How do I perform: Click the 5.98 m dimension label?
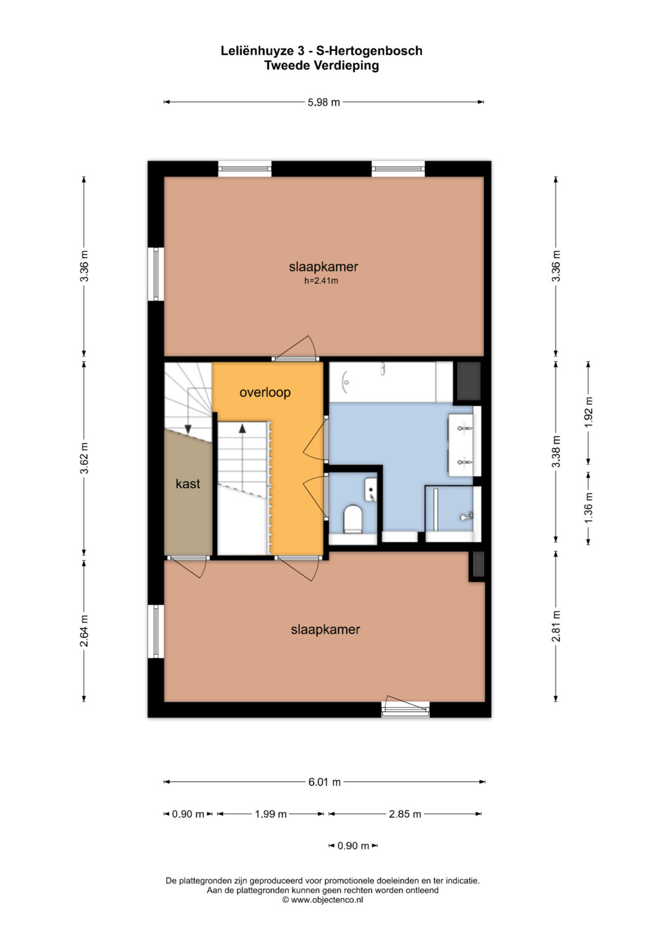[x=324, y=102]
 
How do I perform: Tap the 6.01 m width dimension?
[x=325, y=781]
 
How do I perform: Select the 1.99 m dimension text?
[x=271, y=814]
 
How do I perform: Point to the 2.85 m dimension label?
[x=405, y=814]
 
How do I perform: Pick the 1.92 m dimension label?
[x=589, y=412]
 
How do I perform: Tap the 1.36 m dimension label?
[x=589, y=508]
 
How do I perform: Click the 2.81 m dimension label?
[x=556, y=626]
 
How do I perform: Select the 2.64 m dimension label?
[x=85, y=631]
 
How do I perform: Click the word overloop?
[x=265, y=393]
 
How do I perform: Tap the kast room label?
[x=188, y=483]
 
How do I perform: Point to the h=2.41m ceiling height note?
[x=321, y=281]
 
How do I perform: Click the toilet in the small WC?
[x=352, y=518]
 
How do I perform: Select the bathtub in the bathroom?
[x=383, y=382]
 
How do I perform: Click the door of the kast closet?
[x=188, y=566]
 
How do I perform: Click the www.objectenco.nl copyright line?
[x=322, y=900]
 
